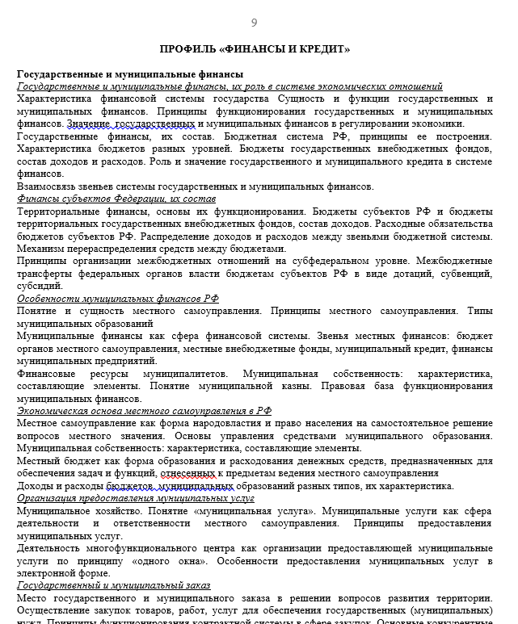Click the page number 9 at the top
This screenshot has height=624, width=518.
point(255,23)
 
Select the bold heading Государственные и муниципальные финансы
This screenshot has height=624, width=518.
point(118,74)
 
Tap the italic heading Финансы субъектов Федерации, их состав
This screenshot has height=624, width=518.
point(116,199)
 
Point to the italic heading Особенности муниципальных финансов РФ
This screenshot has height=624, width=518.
point(118,298)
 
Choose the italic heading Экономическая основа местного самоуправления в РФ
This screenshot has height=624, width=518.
point(144,410)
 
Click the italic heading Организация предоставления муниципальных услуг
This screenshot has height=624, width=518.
point(135,498)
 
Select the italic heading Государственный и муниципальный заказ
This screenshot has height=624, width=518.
point(113,585)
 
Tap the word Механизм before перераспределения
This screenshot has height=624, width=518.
point(42,249)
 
